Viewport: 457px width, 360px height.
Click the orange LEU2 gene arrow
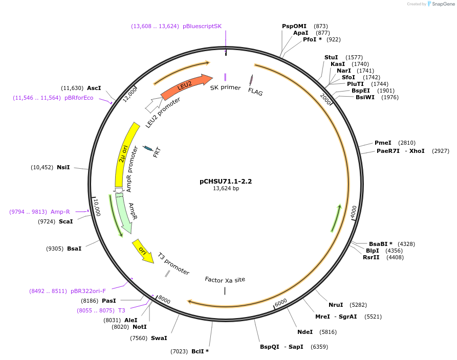point(185,86)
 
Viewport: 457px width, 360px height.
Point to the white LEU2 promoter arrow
point(153,105)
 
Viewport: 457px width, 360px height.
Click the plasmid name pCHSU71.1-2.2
point(226,181)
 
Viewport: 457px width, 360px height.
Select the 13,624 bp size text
point(226,189)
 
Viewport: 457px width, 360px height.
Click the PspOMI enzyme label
point(294,26)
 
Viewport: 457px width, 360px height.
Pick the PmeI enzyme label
point(383,143)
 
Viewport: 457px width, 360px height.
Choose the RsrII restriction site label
point(371,257)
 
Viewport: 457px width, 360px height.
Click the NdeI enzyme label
point(305,332)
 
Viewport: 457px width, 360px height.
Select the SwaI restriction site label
point(159,337)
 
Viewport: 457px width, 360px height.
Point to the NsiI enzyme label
point(63,167)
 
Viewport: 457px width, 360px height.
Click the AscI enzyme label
point(94,88)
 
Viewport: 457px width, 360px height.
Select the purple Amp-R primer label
point(60,212)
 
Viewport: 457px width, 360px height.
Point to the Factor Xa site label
point(225,280)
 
